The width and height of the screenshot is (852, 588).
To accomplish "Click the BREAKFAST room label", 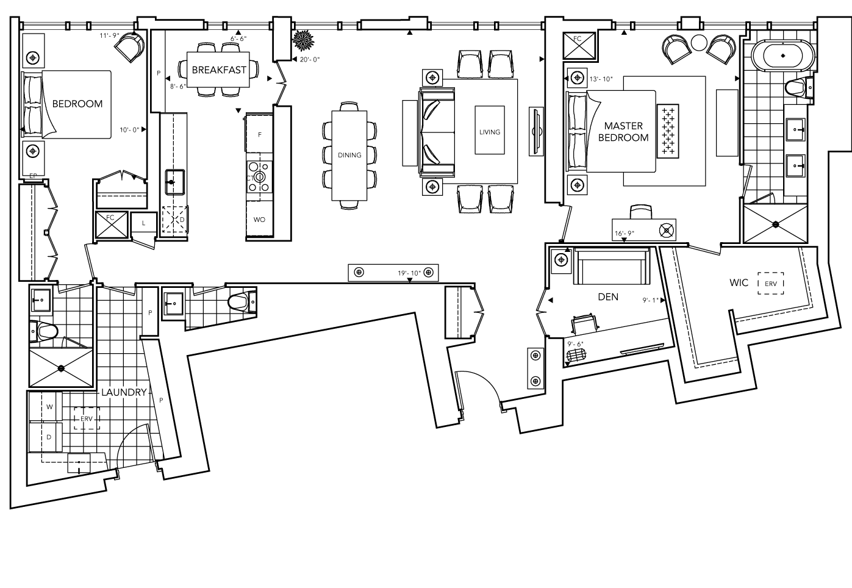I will click(x=219, y=70).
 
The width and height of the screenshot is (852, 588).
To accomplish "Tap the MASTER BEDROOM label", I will click(x=623, y=132).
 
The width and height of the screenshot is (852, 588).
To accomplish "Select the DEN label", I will click(x=608, y=297).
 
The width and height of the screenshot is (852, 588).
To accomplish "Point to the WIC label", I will click(x=739, y=283).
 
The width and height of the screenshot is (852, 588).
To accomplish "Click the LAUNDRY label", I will click(x=124, y=392).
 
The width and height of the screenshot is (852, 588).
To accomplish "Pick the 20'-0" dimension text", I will click(x=310, y=59).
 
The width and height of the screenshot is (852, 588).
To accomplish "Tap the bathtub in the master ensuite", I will click(x=783, y=56).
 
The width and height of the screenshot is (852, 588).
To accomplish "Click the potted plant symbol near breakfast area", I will click(x=303, y=41).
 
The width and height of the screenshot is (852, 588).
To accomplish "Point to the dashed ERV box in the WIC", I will click(x=771, y=284).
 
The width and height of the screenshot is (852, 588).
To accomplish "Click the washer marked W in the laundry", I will click(x=49, y=406).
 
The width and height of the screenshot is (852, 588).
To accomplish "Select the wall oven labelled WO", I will click(x=259, y=220).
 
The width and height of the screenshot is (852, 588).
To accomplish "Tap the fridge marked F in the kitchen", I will click(x=260, y=134).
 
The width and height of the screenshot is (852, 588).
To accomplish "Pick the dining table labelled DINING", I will click(x=349, y=155).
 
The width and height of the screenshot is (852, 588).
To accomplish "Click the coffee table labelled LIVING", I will click(x=490, y=130).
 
